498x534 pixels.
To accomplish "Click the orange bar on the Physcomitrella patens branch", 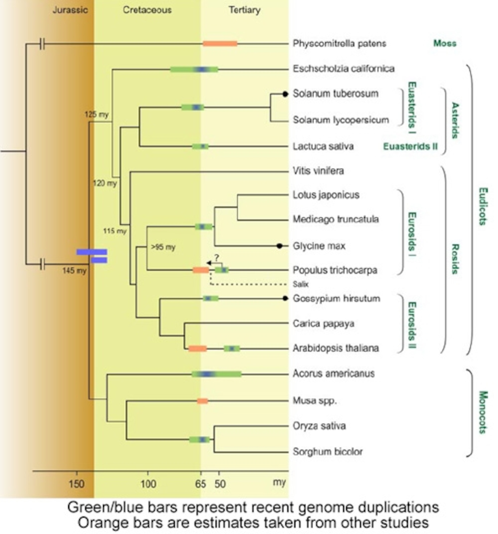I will pyautogui.click(x=220, y=43).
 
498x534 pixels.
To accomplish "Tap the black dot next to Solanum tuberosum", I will pyautogui.click(x=285, y=94).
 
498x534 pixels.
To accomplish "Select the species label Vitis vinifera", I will pyautogui.click(x=318, y=171).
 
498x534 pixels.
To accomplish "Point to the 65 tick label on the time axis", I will pyautogui.click(x=201, y=484).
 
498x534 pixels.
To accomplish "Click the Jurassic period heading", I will pyautogui.click(x=70, y=10).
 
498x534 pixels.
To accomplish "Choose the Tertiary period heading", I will pyautogui.click(x=244, y=10).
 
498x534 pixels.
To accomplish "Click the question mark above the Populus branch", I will pyautogui.click(x=217, y=257).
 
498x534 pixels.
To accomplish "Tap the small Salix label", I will pyautogui.click(x=300, y=284).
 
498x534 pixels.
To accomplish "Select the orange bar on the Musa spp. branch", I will pyautogui.click(x=202, y=401).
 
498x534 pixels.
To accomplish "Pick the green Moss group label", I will pyautogui.click(x=445, y=43).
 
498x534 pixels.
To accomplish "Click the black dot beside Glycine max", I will pyautogui.click(x=279, y=246).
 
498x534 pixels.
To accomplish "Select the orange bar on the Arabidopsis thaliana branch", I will pyautogui.click(x=198, y=349).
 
